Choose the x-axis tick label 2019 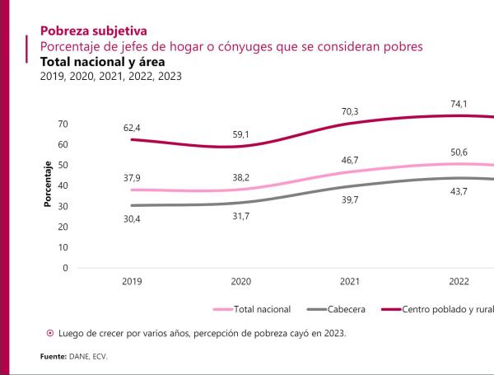[133, 281]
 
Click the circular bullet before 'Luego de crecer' [50, 334]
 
